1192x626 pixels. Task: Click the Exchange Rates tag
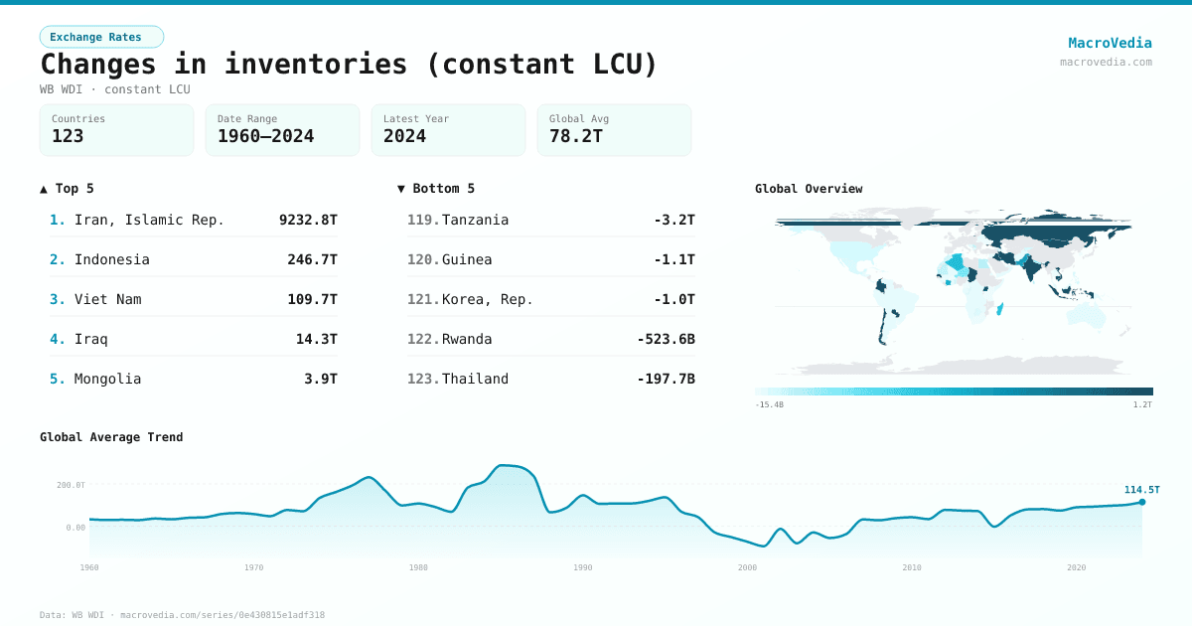point(101,37)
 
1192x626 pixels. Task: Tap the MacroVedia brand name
point(1110,43)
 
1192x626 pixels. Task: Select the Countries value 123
point(68,136)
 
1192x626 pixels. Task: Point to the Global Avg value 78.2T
point(576,136)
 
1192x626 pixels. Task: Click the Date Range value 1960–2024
point(265,136)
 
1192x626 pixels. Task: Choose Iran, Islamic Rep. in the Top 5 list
point(149,220)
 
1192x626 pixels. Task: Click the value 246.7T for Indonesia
point(312,259)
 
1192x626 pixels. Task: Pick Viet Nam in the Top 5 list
point(107,299)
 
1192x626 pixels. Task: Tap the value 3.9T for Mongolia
point(320,379)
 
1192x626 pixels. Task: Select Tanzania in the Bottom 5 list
point(475,220)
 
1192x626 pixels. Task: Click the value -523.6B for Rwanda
point(666,339)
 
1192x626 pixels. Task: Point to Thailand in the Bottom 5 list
point(475,379)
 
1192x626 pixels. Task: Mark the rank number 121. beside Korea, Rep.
point(423,299)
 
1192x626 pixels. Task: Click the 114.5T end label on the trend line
point(1141,489)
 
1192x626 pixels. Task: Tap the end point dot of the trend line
point(1142,502)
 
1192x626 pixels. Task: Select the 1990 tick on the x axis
point(583,567)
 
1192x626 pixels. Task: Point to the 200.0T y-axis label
point(71,485)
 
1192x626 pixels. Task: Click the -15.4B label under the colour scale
point(769,404)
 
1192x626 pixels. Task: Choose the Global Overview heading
point(809,189)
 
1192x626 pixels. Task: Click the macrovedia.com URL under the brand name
point(1106,62)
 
